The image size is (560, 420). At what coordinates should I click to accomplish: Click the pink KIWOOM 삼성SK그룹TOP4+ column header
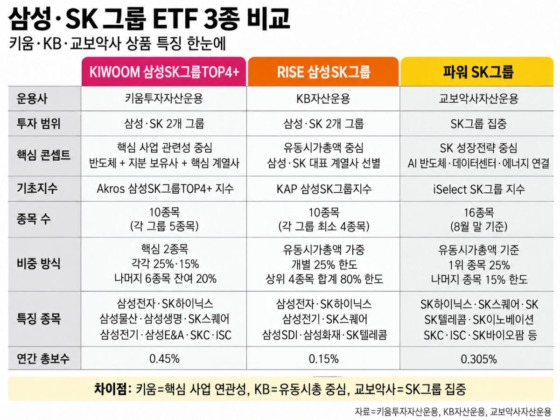pyautogui.click(x=164, y=72)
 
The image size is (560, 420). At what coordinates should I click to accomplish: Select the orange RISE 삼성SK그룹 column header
pyautogui.click(x=323, y=72)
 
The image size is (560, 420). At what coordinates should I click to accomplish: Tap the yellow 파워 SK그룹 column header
pyautogui.click(x=477, y=72)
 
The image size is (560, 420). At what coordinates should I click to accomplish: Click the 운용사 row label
pyautogui.click(x=32, y=98)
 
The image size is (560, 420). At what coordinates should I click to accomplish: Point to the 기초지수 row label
pyautogui.click(x=37, y=189)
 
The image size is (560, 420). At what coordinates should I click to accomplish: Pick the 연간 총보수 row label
pyautogui.click(x=43, y=358)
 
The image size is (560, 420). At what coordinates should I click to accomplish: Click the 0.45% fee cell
pyautogui.click(x=164, y=359)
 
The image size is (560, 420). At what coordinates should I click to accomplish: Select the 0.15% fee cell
pyautogui.click(x=323, y=359)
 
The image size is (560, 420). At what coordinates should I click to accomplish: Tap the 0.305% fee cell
pyautogui.click(x=479, y=359)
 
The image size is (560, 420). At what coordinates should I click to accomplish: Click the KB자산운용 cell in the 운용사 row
pyautogui.click(x=323, y=98)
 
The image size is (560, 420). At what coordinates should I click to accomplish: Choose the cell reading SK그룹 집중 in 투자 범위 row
pyautogui.click(x=478, y=124)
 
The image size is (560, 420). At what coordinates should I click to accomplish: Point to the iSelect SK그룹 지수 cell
pyautogui.click(x=479, y=189)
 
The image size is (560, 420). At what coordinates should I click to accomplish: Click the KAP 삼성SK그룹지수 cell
pyautogui.click(x=324, y=189)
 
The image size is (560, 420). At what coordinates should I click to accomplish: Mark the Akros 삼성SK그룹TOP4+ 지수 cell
pyautogui.click(x=165, y=189)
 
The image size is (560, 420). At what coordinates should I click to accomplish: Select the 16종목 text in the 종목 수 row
pyautogui.click(x=479, y=212)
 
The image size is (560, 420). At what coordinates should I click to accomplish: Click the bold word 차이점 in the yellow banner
pyautogui.click(x=110, y=389)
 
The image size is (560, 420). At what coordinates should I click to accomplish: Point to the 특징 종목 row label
pyautogui.click(x=39, y=319)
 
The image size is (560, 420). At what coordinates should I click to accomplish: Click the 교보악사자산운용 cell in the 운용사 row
pyautogui.click(x=479, y=98)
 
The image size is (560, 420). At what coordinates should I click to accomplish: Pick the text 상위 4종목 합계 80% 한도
pyautogui.click(x=324, y=279)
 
